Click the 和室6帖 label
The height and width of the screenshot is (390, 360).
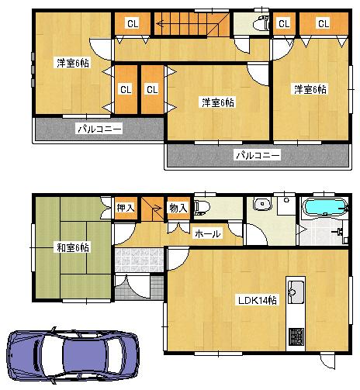click(72, 248)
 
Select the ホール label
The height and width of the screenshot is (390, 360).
click(207, 233)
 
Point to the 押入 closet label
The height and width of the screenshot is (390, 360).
click(126, 208)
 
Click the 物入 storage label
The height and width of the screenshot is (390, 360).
click(178, 208)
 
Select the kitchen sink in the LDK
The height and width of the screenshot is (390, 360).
click(296, 292)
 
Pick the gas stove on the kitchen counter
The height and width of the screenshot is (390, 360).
click(296, 337)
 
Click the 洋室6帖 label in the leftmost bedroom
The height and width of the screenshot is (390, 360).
click(72, 63)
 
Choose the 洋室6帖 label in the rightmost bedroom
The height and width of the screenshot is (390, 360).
click(310, 89)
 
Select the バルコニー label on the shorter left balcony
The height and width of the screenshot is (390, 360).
click(99, 129)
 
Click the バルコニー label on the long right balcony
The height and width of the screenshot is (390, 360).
click(258, 155)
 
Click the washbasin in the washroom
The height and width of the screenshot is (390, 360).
click(261, 205)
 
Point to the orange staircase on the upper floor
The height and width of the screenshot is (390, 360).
click(189, 25)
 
